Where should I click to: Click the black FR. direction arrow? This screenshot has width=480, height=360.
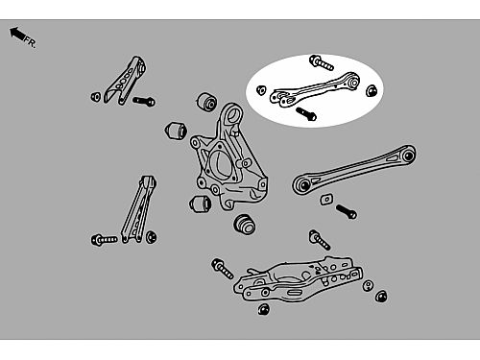(x=17, y=34)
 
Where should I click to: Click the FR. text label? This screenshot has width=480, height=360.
(x=31, y=42)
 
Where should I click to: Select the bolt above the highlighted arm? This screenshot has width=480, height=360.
(x=322, y=62)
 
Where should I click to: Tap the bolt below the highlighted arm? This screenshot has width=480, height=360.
(x=306, y=113)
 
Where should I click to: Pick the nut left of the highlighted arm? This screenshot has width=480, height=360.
(x=261, y=90)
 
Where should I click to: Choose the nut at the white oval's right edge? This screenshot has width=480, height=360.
(x=372, y=91)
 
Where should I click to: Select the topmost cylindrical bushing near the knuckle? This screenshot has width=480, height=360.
(x=206, y=102)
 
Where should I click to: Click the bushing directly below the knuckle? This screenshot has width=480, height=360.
(x=245, y=224)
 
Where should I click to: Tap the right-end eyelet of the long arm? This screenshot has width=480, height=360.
(x=408, y=156)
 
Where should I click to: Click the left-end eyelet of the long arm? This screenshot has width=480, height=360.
(x=303, y=184)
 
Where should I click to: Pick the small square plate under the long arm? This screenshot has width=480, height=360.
(x=326, y=200)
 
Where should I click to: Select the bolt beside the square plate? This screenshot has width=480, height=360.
(x=347, y=211)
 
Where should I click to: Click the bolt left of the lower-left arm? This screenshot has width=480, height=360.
(x=104, y=240)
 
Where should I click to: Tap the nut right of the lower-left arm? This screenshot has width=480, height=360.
(x=151, y=237)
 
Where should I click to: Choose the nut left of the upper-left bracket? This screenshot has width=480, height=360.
(x=96, y=96)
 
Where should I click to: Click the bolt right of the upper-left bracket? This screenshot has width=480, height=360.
(x=144, y=102)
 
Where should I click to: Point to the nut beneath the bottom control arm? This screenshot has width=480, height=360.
(x=264, y=309)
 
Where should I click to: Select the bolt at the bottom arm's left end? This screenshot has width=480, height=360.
(x=223, y=269)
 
